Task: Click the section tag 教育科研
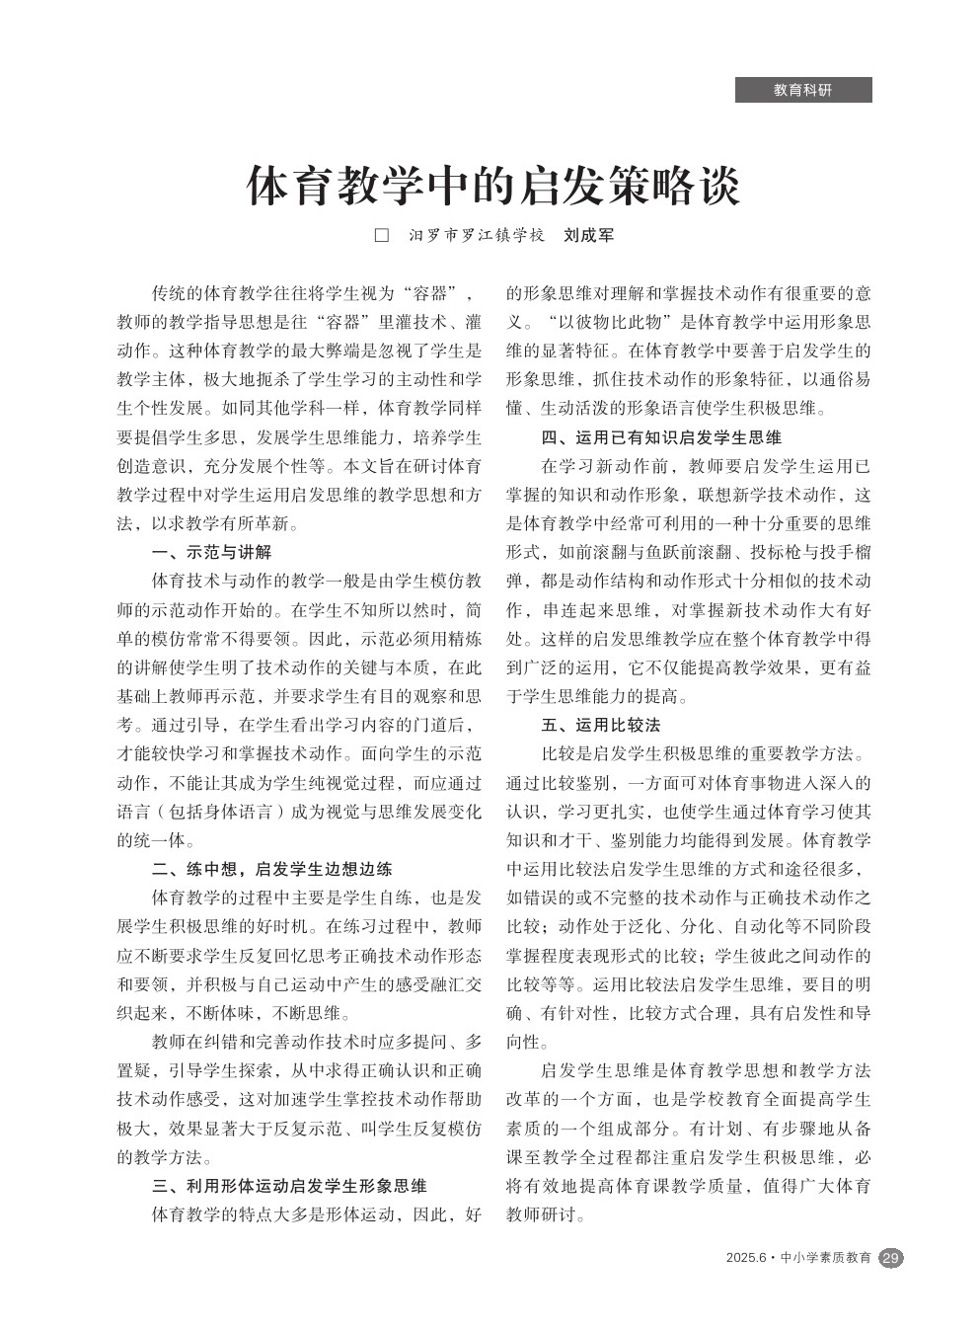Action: pos(802,90)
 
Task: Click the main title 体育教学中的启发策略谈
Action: pos(492,186)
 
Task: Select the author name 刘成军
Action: pos(588,236)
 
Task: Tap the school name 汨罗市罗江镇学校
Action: pos(478,236)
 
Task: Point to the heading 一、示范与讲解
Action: pos(212,552)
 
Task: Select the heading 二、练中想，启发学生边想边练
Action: pos(272,869)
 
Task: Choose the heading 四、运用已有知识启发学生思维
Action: pos(661,437)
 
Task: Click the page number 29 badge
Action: pos(890,1258)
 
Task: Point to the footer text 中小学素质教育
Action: pos(826,1258)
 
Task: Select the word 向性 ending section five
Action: pos(524,1042)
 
